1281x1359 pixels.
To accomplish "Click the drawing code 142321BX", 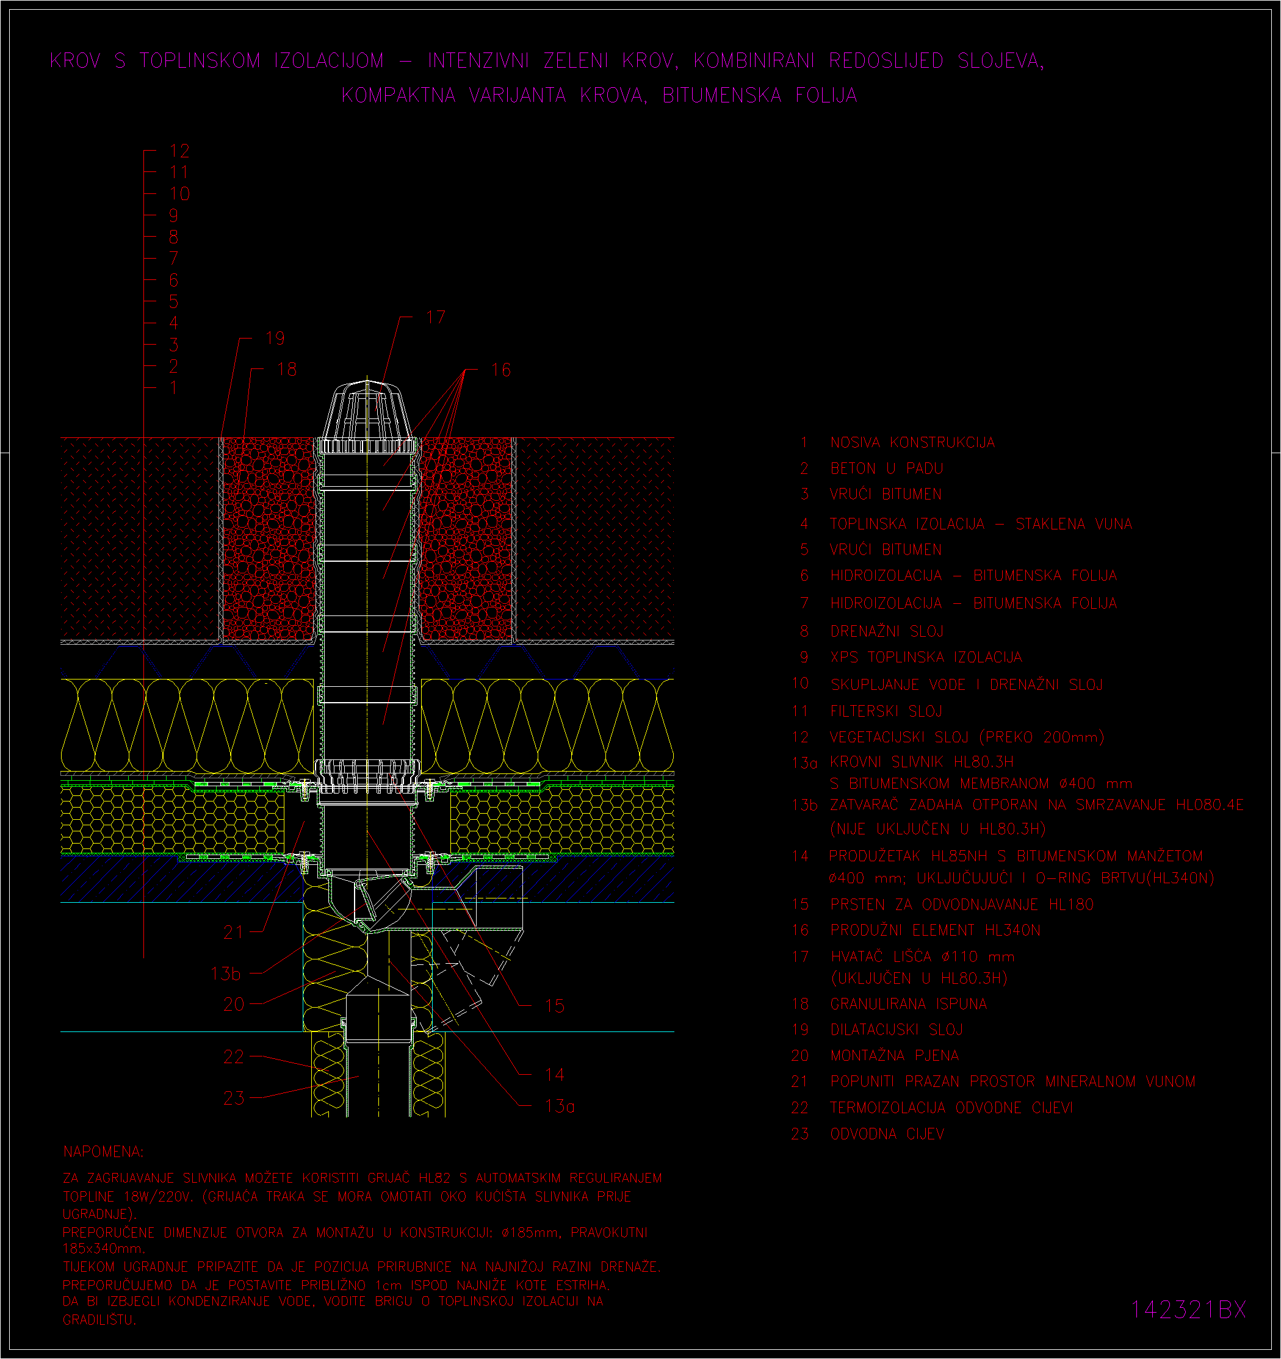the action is pos(1189,1310).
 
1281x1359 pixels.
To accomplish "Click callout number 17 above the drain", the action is pos(436,317).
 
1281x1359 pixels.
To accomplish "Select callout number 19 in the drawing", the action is pos(275,339).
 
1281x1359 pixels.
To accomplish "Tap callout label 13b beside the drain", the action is pos(226,974).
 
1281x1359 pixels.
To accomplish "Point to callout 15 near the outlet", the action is pos(555,1006).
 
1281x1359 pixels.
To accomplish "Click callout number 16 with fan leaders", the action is pos(501,370).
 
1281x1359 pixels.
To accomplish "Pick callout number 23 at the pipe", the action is pos(234,1098).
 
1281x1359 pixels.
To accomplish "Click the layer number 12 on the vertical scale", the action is pos(180,151).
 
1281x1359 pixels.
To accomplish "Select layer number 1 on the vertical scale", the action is pos(174,387).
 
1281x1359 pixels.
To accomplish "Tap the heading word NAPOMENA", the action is pos(103,1152).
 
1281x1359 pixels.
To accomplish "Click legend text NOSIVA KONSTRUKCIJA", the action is pos(912,443).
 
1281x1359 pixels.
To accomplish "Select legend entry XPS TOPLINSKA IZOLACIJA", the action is pos(926,658).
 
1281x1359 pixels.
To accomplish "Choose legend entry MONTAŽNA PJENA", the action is pos(895,1055).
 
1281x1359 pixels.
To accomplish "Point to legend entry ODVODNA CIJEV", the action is pos(887,1134).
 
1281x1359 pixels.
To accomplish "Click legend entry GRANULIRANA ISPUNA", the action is pos(908,1003).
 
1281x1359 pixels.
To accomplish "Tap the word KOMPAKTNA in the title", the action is pos(399,95).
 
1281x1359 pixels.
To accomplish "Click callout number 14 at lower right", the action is pos(555,1075).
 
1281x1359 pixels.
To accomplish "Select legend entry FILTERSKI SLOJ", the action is pos(886,712).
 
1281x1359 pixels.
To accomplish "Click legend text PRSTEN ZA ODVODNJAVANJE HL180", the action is pos(962,905).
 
